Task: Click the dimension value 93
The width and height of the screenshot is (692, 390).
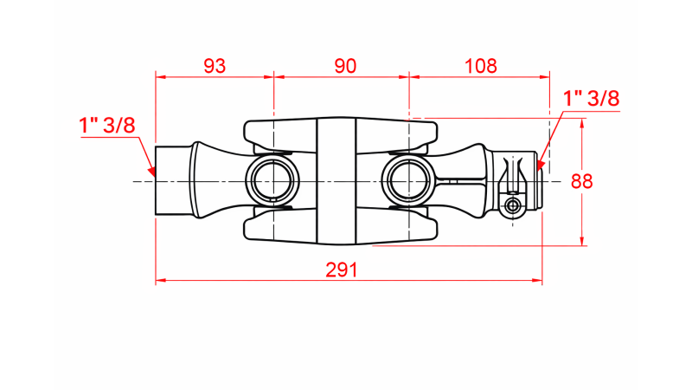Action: point(215,65)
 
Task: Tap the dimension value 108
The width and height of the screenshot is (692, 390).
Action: point(481,65)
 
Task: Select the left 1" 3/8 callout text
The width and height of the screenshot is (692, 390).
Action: point(107,125)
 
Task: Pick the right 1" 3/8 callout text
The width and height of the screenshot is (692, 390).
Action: point(592,98)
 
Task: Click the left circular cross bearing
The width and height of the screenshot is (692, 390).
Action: point(273,181)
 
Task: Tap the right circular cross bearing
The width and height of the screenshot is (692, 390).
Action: point(408,181)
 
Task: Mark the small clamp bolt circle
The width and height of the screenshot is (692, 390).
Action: point(514,205)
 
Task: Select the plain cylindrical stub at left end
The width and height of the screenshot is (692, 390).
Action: point(172,181)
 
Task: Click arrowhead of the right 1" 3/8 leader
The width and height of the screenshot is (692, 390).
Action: point(540,165)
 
